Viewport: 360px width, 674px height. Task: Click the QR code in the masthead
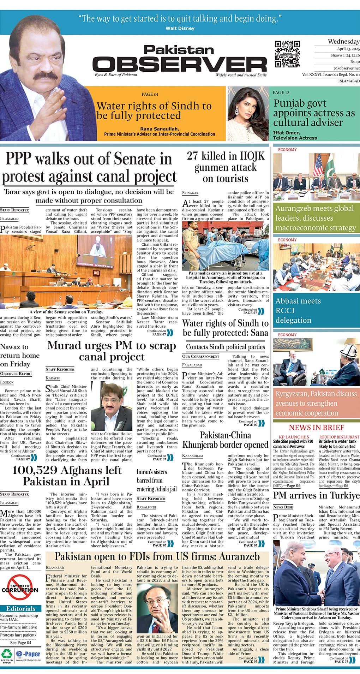point(287,54)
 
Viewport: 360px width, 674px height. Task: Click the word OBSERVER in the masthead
point(180,64)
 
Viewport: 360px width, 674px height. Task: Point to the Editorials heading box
point(20,608)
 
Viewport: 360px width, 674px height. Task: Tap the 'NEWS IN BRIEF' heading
point(316,427)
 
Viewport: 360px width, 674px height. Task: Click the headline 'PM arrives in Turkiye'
point(316,495)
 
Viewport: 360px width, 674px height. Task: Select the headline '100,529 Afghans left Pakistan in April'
point(67,476)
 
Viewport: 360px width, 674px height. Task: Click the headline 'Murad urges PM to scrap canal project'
point(112,351)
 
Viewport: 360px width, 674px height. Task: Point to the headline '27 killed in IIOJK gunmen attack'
point(226,167)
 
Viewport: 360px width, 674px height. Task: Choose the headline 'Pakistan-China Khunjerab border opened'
point(226,440)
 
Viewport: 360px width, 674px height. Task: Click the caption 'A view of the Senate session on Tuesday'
point(66,312)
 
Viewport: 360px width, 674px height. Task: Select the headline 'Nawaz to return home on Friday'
point(20,355)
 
